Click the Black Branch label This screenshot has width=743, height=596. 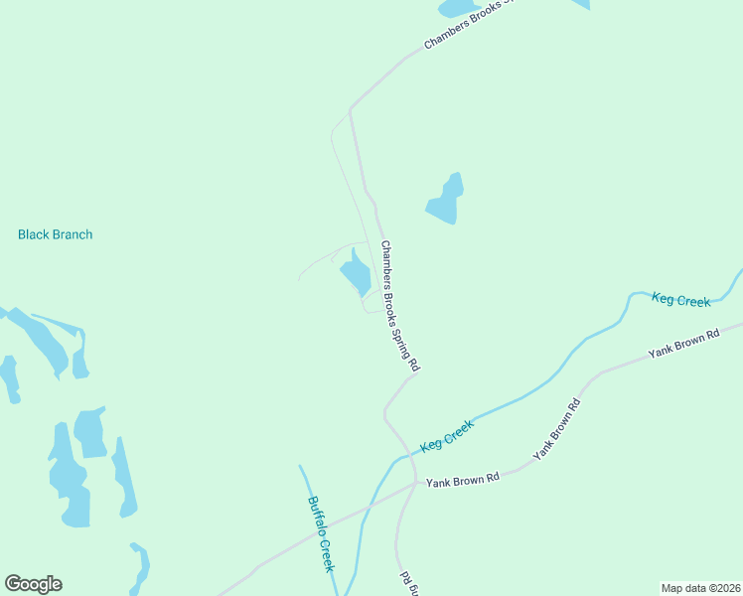pyautogui.click(x=55, y=234)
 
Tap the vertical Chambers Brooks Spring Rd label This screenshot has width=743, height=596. pyautogui.click(x=400, y=307)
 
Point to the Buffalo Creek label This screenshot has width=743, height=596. pyautogui.click(x=320, y=533)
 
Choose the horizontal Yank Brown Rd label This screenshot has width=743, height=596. pyautogui.click(x=462, y=481)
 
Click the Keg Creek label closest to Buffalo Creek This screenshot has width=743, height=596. pyautogui.click(x=447, y=435)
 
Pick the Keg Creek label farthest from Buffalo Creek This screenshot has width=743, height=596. pyautogui.click(x=680, y=299)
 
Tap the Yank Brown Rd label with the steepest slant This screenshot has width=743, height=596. pyautogui.click(x=556, y=428)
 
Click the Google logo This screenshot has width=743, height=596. pyautogui.click(x=33, y=584)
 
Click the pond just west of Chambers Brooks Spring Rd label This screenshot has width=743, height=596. pyautogui.click(x=355, y=271)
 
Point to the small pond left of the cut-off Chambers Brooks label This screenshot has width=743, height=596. pyautogui.click(x=457, y=8)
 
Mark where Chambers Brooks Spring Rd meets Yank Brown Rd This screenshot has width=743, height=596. pyautogui.click(x=415, y=485)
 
